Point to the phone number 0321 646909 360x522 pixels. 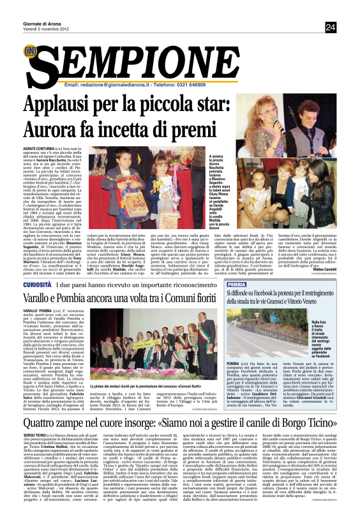coord(188,84)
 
